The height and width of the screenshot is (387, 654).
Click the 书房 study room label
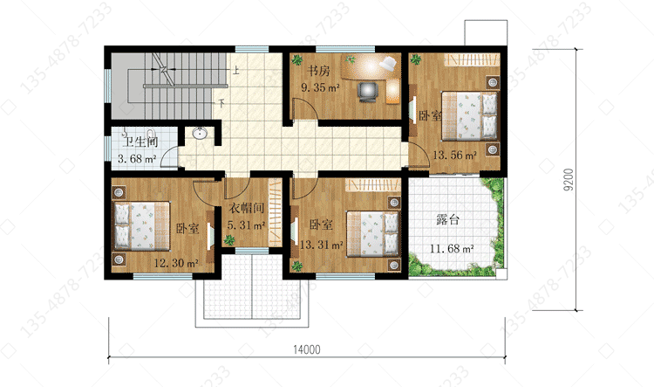click(318, 71)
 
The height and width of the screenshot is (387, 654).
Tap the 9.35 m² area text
click(320, 87)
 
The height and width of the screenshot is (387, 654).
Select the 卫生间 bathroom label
click(140, 142)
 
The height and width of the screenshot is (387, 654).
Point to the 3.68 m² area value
click(137, 159)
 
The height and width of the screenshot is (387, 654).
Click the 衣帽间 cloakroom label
click(247, 208)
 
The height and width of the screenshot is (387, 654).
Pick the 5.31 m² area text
click(246, 225)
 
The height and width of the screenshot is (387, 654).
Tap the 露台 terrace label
click(448, 219)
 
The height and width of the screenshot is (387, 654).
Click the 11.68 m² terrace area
click(452, 249)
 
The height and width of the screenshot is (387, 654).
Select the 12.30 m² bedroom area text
click(176, 263)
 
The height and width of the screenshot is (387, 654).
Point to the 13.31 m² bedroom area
click(321, 245)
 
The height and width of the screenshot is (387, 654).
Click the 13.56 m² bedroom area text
click(454, 155)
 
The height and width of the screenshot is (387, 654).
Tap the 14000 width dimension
click(307, 349)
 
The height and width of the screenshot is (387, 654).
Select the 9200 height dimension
click(568, 180)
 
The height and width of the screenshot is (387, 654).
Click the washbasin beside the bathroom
click(201, 134)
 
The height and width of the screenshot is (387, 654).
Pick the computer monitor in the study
click(367, 92)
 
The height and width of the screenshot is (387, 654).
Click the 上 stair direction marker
click(236, 69)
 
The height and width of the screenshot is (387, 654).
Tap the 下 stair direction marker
click(221, 102)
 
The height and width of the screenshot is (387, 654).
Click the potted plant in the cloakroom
click(229, 240)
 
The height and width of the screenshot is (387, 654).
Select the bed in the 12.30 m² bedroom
click(142, 226)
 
